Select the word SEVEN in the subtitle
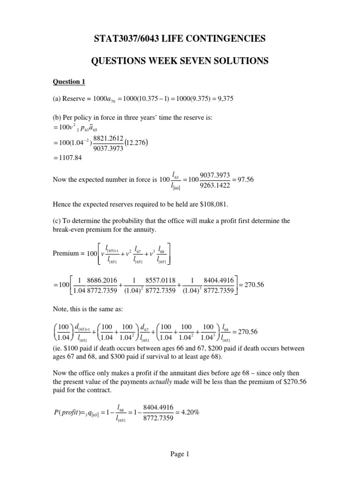(190, 61)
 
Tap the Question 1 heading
(68, 82)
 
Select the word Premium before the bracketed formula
(65, 253)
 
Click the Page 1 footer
(180, 454)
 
